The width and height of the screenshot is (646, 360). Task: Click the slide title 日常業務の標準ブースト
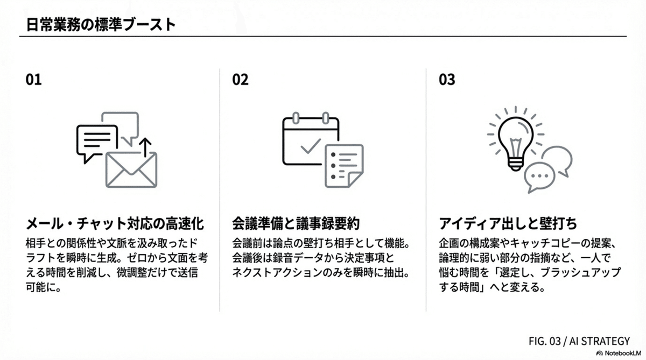(101, 25)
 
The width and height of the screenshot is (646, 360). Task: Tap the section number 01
(33, 80)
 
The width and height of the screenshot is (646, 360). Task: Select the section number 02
(240, 80)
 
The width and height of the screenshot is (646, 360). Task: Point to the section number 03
(447, 80)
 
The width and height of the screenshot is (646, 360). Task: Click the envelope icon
(131, 170)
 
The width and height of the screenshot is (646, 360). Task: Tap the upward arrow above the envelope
(145, 147)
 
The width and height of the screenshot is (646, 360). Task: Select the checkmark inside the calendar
(311, 146)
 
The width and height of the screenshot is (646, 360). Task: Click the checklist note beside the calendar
(344, 166)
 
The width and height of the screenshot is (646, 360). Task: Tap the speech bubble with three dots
(539, 177)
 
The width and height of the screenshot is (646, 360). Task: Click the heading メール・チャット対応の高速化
(115, 224)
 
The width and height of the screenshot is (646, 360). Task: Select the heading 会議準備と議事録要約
(296, 224)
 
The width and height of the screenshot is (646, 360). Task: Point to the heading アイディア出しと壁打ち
(508, 224)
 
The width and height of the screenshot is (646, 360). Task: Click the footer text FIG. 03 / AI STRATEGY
(579, 341)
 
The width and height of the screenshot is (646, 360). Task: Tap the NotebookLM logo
(619, 354)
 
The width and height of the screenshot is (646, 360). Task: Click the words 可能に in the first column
(43, 287)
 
